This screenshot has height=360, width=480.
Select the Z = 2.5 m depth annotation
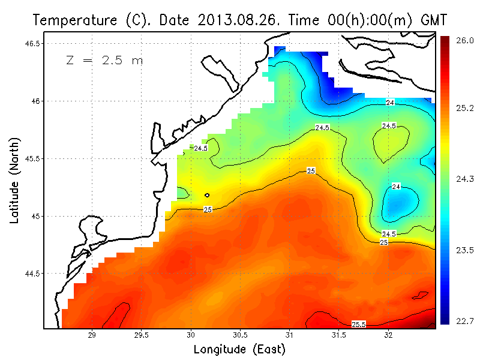104,61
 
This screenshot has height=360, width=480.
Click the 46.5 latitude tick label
33,44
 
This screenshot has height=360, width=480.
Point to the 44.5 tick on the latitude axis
33,274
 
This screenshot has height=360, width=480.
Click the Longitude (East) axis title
239,349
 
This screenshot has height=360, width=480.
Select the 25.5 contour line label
359,325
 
